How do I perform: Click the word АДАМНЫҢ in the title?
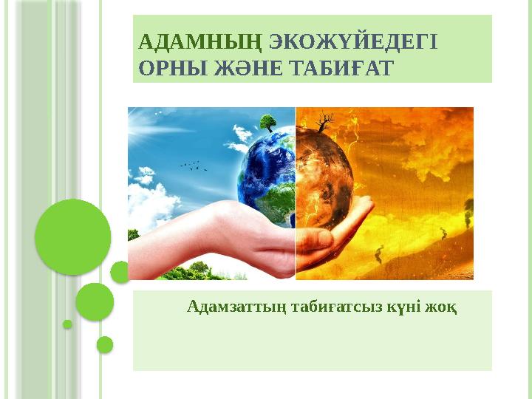point(200,43)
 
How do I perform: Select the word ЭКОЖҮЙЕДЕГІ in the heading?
point(353,41)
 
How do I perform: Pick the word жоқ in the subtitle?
point(440,307)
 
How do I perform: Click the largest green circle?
point(73,237)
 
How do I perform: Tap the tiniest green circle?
point(67,324)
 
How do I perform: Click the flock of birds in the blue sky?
point(194,166)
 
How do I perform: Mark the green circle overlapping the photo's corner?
point(120,272)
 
